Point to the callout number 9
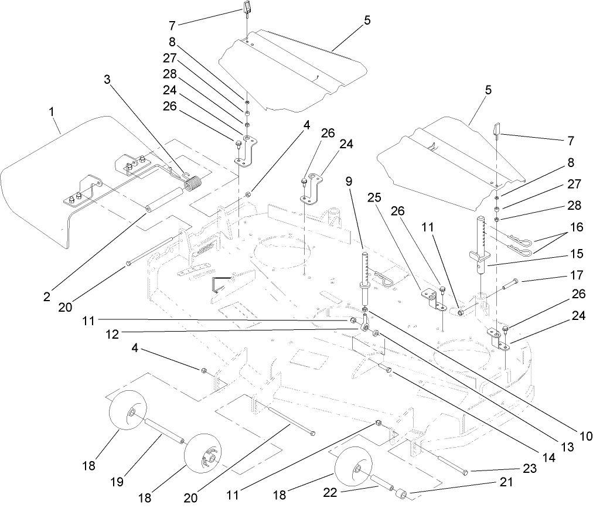pyautogui.click(x=349, y=182)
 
